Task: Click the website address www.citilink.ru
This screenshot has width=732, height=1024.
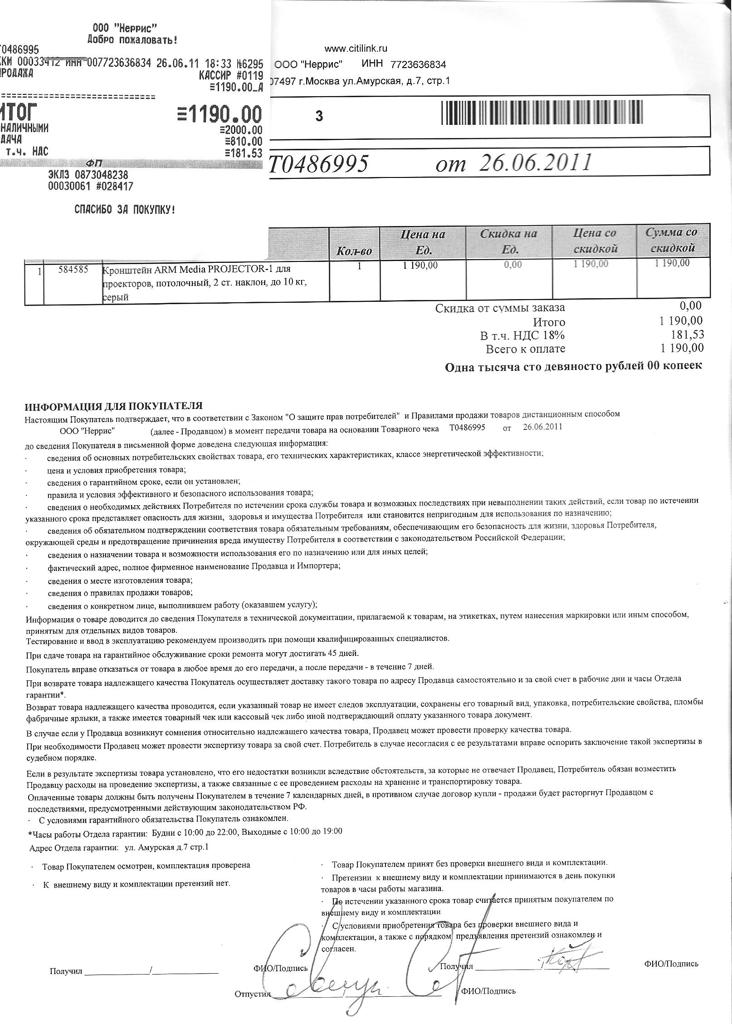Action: click(356, 49)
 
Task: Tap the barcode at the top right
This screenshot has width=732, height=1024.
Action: click(542, 112)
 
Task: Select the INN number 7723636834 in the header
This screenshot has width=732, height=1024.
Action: click(418, 64)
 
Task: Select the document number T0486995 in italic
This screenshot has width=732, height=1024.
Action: click(318, 164)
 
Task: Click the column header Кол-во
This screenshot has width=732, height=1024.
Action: click(354, 251)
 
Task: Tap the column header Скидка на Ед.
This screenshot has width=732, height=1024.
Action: click(508, 241)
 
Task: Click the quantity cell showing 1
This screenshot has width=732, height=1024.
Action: click(359, 266)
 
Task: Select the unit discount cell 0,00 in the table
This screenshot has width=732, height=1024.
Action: click(513, 265)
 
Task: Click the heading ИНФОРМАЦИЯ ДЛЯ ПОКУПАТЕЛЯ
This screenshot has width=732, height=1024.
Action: click(113, 405)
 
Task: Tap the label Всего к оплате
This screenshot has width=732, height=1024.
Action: click(526, 349)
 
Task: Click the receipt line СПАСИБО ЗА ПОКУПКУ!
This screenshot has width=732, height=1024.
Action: click(124, 210)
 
